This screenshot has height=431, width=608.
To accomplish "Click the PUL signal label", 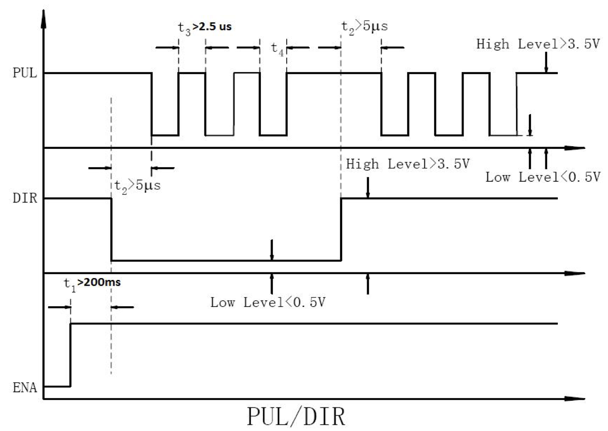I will (x=25, y=73).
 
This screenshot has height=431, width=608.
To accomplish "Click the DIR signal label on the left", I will (x=25, y=198).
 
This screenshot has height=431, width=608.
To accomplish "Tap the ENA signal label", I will (x=25, y=387).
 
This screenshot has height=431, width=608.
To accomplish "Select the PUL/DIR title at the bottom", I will (x=296, y=417).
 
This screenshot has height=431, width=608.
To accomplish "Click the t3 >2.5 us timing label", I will (x=204, y=28).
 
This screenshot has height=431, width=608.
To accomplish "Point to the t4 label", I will (x=277, y=48).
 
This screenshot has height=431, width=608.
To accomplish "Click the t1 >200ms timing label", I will (x=92, y=283).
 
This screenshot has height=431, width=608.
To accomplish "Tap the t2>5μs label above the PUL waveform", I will (x=364, y=27).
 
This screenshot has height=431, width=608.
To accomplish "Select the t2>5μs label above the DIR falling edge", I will (x=137, y=185).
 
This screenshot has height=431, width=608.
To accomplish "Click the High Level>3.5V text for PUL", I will (x=538, y=44).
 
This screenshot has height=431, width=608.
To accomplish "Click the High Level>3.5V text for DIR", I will (x=408, y=164).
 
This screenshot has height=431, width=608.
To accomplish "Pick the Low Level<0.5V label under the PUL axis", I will (x=543, y=177).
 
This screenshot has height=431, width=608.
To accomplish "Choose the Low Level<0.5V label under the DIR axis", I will (x=268, y=303).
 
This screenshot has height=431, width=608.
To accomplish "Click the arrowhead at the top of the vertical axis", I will (x=43, y=18).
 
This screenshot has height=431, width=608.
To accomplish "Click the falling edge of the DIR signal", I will (x=111, y=229).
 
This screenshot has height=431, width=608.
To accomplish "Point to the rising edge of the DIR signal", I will (x=341, y=229).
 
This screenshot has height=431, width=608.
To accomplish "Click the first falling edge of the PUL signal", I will (x=152, y=104).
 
